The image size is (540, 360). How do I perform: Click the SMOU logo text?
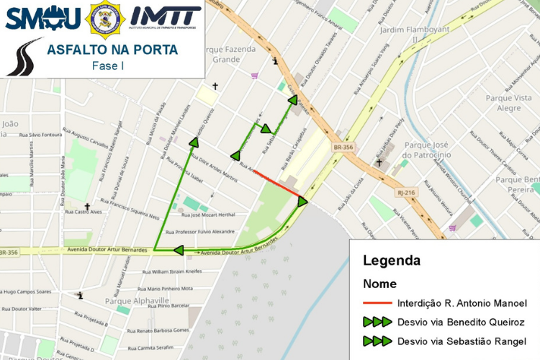(42, 17)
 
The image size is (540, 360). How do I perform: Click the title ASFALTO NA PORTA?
(112, 50)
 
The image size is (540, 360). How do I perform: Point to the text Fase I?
(108, 66)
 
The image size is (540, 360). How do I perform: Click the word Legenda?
(391, 261)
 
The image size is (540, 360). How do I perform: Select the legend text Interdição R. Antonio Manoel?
(462, 304)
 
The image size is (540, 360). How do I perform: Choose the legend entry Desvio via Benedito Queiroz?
(461, 322)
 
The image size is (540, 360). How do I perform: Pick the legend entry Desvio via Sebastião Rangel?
(461, 341)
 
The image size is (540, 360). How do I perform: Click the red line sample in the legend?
(377, 304)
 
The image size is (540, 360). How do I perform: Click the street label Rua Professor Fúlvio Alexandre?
(200, 232)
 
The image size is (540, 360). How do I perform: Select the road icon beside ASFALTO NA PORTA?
(24, 58)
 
